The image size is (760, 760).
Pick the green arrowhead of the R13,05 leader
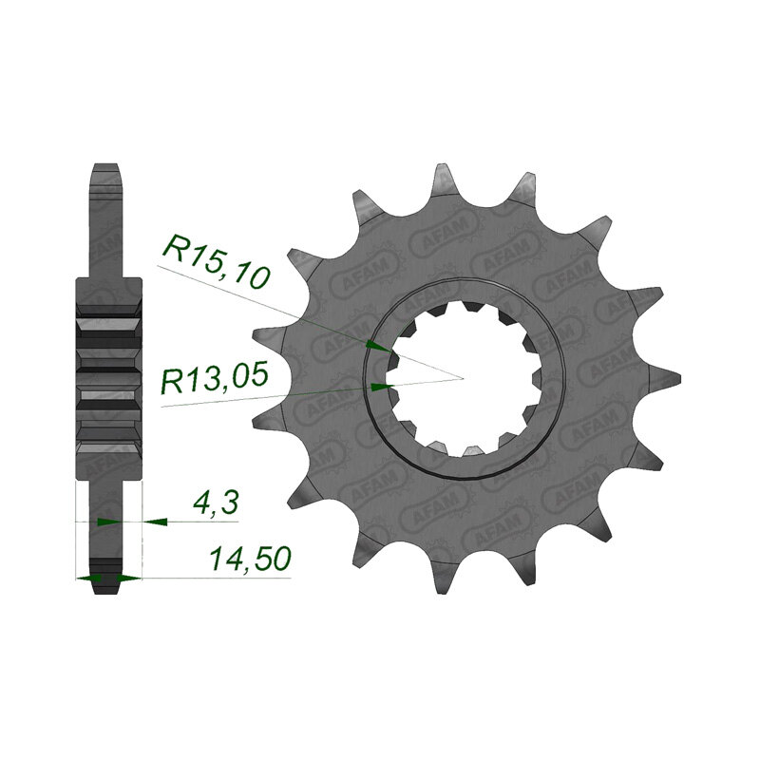(379, 387)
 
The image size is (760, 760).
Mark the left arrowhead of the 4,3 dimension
(107, 522)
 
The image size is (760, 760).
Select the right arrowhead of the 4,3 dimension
(155, 522)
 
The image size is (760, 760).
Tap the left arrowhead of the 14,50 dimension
(87, 577)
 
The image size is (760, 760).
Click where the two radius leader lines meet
(463, 378)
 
